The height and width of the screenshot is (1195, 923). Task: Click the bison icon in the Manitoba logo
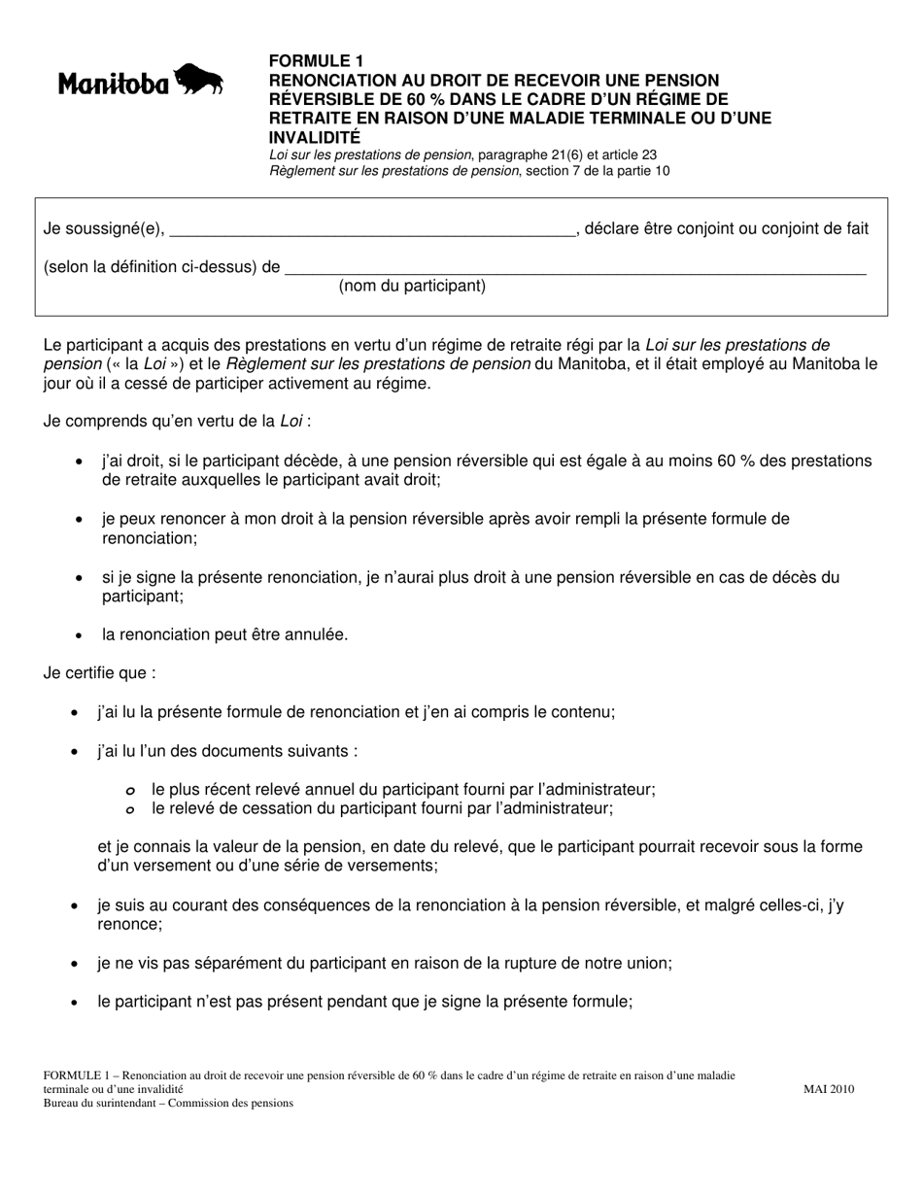tap(199, 80)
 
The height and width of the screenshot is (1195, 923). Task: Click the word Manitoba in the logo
tap(114, 85)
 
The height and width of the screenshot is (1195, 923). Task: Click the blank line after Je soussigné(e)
tap(372, 230)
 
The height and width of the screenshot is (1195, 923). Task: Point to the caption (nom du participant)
tap(412, 286)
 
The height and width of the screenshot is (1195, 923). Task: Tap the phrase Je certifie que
tap(99, 672)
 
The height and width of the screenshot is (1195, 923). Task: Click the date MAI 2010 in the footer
tap(829, 1089)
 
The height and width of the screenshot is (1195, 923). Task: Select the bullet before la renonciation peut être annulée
tap(79, 635)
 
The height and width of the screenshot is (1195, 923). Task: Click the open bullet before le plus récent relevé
tap(130, 791)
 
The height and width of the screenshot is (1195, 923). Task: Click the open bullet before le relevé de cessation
tap(130, 808)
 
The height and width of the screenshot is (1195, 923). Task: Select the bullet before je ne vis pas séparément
tap(75, 964)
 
